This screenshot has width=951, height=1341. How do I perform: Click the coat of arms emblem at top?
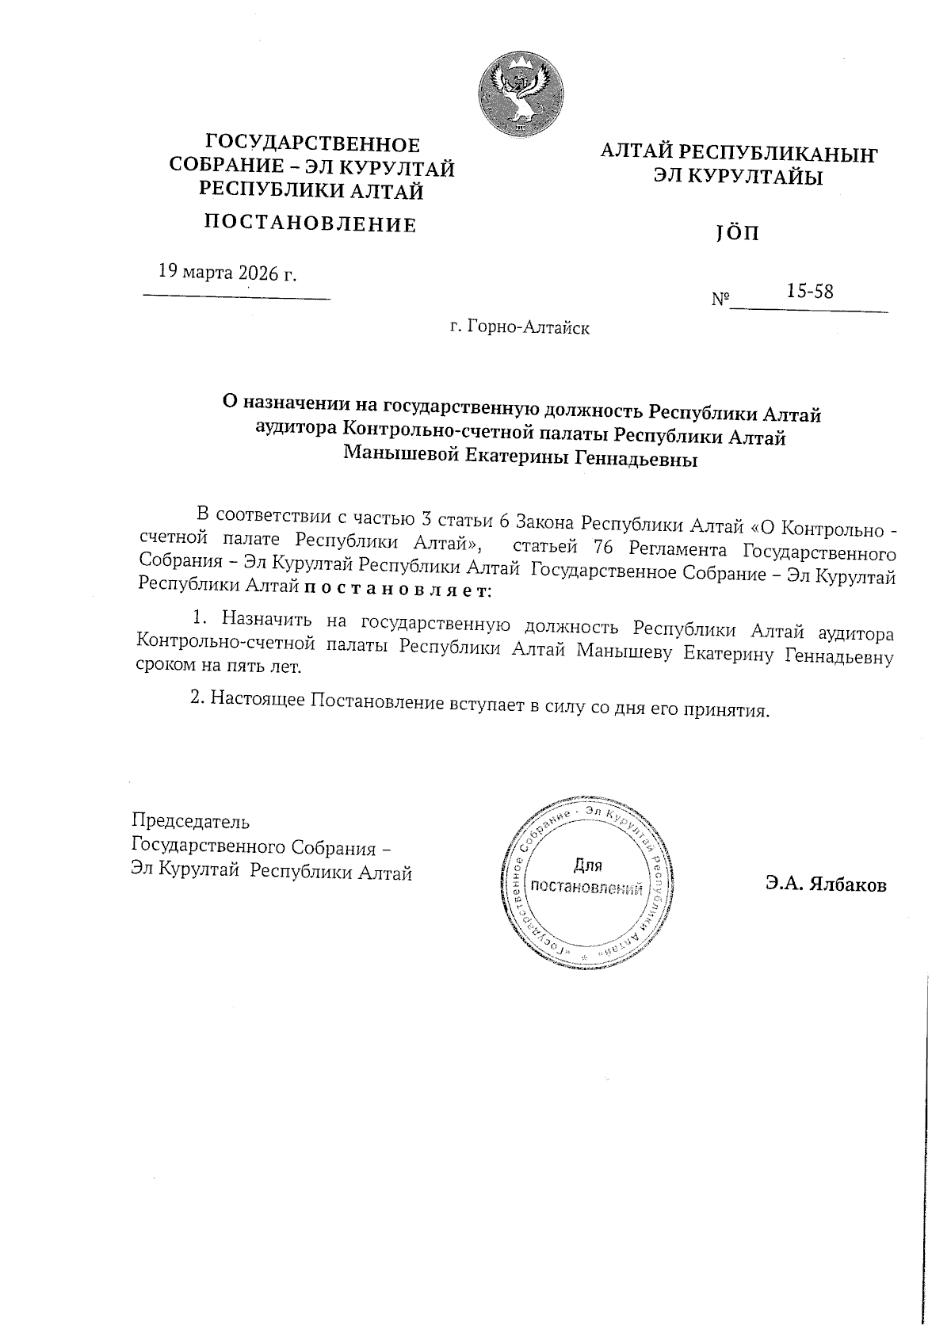(x=520, y=92)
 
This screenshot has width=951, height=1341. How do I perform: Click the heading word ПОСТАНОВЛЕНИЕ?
(x=311, y=224)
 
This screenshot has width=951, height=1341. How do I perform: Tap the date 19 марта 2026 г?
(x=227, y=273)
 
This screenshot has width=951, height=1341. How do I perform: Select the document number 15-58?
(x=809, y=291)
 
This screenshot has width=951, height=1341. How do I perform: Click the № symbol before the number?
(x=720, y=300)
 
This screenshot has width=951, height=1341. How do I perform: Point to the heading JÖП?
(x=737, y=235)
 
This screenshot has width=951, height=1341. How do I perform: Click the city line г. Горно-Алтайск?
(x=519, y=326)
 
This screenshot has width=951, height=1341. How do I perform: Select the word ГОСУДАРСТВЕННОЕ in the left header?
(x=312, y=144)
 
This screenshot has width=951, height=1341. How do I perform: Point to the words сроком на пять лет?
(x=220, y=667)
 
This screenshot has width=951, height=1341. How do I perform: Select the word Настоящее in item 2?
(x=258, y=700)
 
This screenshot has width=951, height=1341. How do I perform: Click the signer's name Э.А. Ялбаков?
(x=826, y=885)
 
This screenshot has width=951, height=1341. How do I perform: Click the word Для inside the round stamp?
(x=587, y=865)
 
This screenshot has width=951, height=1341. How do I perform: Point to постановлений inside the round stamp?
(x=586, y=888)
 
